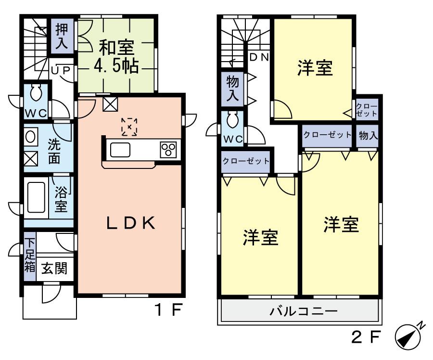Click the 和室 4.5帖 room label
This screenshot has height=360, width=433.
click(117, 56)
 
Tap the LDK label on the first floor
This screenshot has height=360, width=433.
click(130, 223)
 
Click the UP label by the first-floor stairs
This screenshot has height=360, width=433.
click(61, 70)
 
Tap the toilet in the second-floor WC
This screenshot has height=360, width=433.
click(233, 117)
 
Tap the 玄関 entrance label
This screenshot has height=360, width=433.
click(53, 268)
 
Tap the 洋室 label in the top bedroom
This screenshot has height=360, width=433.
click(315, 68)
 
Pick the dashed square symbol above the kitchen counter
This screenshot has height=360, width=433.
click(129, 126)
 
